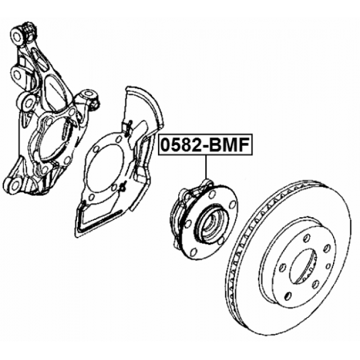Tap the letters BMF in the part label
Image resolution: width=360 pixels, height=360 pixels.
click(229, 145)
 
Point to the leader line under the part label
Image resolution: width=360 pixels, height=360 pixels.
click(206, 168)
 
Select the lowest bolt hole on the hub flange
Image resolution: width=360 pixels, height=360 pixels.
click(193, 251)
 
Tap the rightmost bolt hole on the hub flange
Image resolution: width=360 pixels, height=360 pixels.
click(233, 204)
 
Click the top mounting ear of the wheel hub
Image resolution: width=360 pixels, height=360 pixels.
click(207, 183)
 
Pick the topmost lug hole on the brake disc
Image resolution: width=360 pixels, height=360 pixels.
click(307, 238)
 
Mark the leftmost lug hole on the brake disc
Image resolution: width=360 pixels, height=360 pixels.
click(283, 267)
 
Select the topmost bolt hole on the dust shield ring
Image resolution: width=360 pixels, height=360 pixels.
click(119, 139)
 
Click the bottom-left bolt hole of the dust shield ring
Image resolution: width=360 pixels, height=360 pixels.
click(91, 197)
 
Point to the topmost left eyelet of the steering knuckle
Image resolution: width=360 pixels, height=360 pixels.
click(17, 36)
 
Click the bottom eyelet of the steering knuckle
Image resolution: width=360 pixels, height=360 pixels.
click(15, 185)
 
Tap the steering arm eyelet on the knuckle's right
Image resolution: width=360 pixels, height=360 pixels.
click(88, 94)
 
